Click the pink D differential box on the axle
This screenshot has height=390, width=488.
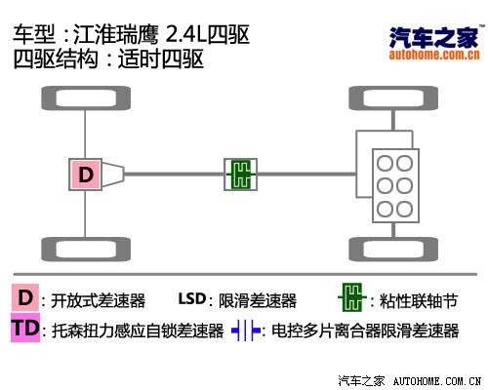point(85,175)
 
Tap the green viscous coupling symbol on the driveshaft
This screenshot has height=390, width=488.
point(241,175)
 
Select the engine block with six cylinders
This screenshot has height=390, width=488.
point(395,185)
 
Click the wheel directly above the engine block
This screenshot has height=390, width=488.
point(393,98)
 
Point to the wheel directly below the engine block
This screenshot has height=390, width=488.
point(393,250)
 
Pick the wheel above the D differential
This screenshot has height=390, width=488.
point(86,98)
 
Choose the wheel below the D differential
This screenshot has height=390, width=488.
point(86,250)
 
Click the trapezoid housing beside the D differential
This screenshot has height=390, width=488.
point(113,175)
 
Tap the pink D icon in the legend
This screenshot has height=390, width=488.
point(25,297)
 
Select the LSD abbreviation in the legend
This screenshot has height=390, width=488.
point(192,298)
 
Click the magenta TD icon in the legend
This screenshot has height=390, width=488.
point(25,328)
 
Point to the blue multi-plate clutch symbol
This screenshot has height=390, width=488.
point(246,331)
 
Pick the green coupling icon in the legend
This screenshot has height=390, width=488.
point(352,297)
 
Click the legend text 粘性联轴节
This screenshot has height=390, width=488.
point(419,301)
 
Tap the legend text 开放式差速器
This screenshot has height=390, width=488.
point(99,300)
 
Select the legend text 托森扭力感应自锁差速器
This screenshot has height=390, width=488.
point(138,331)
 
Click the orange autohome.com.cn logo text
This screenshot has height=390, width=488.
point(434,55)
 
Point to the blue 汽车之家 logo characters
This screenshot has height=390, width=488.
point(433,37)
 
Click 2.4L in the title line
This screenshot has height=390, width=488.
point(186,35)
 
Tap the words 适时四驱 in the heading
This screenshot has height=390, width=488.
point(161,58)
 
